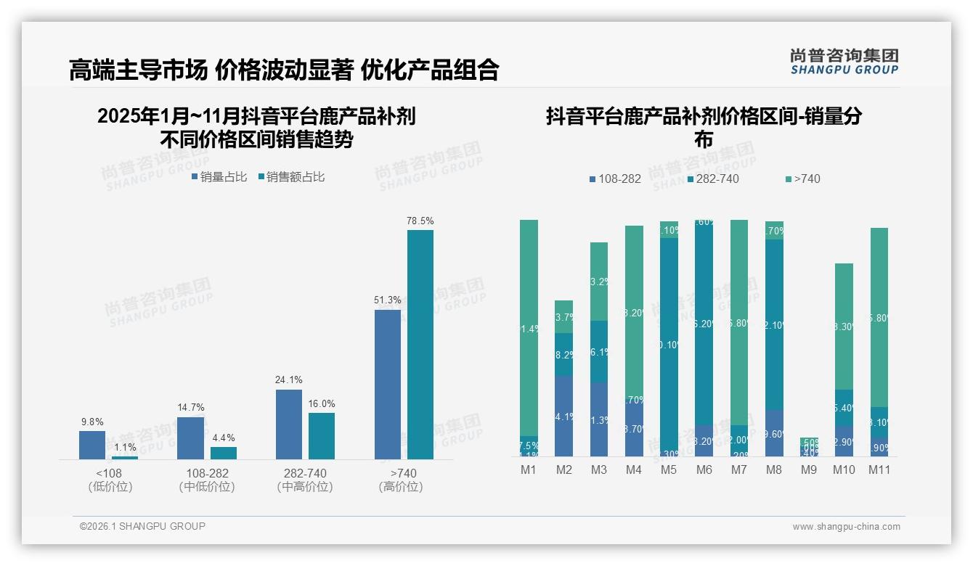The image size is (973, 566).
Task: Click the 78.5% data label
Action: (420, 221)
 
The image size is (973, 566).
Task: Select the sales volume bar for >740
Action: (387, 385)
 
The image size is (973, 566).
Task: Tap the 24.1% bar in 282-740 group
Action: (289, 424)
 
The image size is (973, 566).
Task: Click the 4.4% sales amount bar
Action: (224, 453)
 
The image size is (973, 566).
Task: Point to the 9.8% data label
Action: (92, 422)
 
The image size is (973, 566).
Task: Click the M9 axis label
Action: (809, 469)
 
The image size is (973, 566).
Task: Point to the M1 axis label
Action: (529, 469)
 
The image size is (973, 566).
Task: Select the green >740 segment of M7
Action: (739, 322)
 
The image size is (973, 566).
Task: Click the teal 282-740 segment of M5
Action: (669, 345)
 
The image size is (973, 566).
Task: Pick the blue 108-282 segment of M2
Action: (564, 416)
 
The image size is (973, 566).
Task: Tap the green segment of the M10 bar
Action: (844, 327)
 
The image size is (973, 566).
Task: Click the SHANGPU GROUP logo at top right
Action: (844, 61)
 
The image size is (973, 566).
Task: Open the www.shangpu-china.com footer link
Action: (846, 527)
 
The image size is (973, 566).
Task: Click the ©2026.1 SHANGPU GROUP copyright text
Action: (142, 526)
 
